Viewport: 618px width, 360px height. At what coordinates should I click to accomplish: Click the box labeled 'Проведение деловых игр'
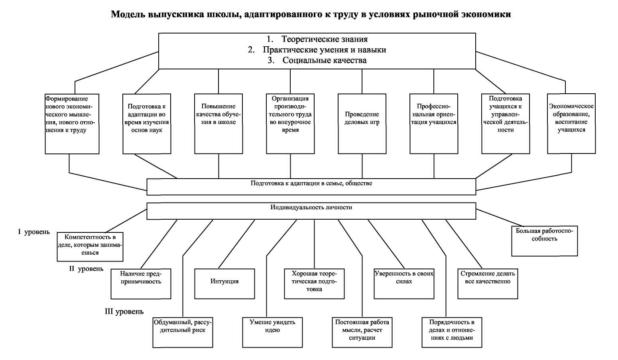pyautogui.click(x=362, y=124)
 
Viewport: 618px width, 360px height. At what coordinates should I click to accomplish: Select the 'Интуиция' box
pyautogui.click(x=224, y=284)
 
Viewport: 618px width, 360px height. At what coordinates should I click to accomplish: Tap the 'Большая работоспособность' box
pyautogui.click(x=544, y=241)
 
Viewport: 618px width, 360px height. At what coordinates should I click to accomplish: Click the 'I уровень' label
pyautogui.click(x=34, y=232)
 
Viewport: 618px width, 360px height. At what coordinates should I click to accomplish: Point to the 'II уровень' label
pyautogui.click(x=86, y=269)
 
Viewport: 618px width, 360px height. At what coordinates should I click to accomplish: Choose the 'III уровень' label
pyautogui.click(x=124, y=312)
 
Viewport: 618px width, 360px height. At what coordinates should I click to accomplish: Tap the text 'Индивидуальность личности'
pyautogui.click(x=311, y=207)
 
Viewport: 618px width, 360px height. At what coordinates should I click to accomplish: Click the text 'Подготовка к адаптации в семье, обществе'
pyautogui.click(x=311, y=183)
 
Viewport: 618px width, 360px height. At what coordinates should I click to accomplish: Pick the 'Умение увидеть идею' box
pyautogui.click(x=273, y=332)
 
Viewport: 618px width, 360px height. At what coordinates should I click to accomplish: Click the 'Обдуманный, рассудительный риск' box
pyautogui.click(x=183, y=332)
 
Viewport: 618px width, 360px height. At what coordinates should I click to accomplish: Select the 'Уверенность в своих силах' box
pyautogui.click(x=404, y=284)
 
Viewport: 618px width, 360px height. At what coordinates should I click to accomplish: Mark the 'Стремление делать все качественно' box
pyautogui.click(x=488, y=284)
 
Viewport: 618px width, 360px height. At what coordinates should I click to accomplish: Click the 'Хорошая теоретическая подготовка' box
pyautogui.click(x=314, y=284)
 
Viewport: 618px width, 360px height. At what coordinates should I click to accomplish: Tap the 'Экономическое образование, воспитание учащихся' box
pyautogui.click(x=571, y=124)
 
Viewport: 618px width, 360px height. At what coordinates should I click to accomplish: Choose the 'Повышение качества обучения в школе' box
pyautogui.click(x=218, y=124)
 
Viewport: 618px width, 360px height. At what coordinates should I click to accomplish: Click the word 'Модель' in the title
pyautogui.click(x=128, y=14)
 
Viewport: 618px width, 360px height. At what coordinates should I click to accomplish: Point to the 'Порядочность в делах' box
pyautogui.click(x=452, y=332)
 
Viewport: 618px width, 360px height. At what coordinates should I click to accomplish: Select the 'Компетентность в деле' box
pyautogui.click(x=90, y=247)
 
